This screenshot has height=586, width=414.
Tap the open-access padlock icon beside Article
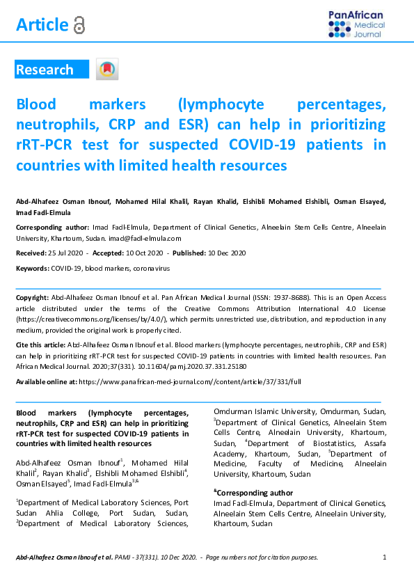(x=79, y=26)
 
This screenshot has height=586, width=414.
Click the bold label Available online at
(x=46, y=382)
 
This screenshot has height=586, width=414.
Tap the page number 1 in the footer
(x=385, y=557)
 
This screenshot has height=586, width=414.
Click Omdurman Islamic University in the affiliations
(x=268, y=411)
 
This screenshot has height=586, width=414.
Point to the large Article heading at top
(x=42, y=26)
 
